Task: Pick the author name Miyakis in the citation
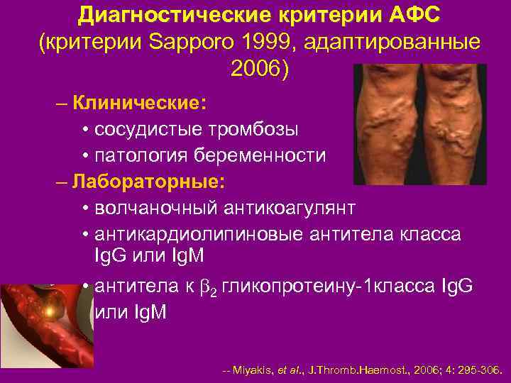pyautogui.click(x=251, y=370)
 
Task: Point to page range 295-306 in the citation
pyautogui.click(x=477, y=370)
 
